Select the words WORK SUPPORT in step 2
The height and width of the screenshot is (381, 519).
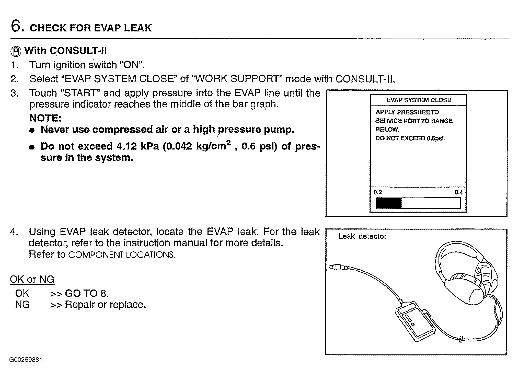pyautogui.click(x=236, y=79)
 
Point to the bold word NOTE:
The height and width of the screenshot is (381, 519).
pyautogui.click(x=45, y=118)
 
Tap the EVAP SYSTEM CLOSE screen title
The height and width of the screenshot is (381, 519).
pyautogui.click(x=419, y=100)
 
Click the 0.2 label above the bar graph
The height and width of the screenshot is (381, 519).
pyautogui.click(x=377, y=192)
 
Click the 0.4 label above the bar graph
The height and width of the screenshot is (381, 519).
pyautogui.click(x=458, y=192)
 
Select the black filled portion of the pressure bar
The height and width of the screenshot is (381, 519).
pyautogui.click(x=388, y=203)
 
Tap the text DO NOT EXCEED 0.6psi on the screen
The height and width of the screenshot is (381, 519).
pyautogui.click(x=410, y=138)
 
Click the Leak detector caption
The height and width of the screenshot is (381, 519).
pyautogui.click(x=362, y=236)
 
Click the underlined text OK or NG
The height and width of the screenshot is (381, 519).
pyautogui.click(x=32, y=279)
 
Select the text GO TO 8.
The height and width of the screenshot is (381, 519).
pyautogui.click(x=87, y=293)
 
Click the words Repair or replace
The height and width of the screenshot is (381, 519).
pyautogui.click(x=105, y=305)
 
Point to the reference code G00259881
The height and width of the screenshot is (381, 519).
pyautogui.click(x=26, y=360)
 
